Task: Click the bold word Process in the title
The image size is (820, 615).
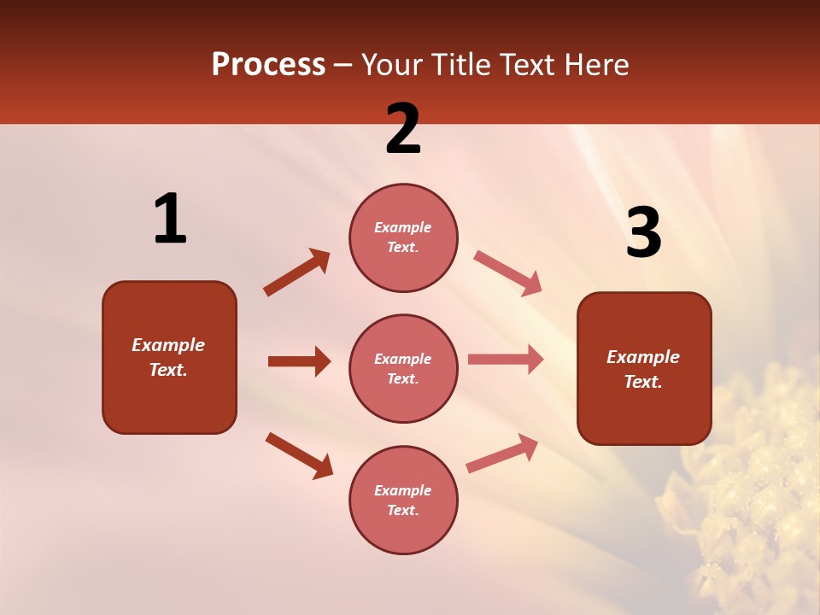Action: pyautogui.click(x=268, y=64)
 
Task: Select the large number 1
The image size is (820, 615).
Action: pyautogui.click(x=169, y=220)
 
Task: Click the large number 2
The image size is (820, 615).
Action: pyautogui.click(x=403, y=129)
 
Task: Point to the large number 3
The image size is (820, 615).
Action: pyautogui.click(x=643, y=233)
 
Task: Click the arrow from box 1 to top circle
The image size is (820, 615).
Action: pyautogui.click(x=296, y=272)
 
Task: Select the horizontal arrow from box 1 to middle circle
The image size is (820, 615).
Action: pyautogui.click(x=299, y=361)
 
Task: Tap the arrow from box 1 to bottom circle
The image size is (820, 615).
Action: pyautogui.click(x=299, y=455)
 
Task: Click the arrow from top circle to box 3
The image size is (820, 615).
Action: pyautogui.click(x=507, y=273)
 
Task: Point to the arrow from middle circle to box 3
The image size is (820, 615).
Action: pyautogui.click(x=505, y=360)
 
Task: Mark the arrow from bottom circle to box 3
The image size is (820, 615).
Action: pyautogui.click(x=502, y=454)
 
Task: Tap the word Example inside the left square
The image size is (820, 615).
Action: pyautogui.click(x=168, y=345)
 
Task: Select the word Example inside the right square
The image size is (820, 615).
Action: pyautogui.click(x=643, y=357)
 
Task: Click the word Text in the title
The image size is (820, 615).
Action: pyautogui.click(x=524, y=64)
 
